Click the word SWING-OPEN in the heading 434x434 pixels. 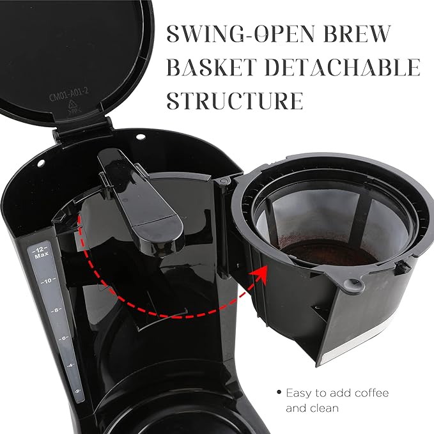(241, 33)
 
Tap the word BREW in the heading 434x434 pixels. (357, 33)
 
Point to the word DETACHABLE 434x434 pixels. (343, 67)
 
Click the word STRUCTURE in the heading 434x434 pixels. (235, 101)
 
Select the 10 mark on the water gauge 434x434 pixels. (48, 281)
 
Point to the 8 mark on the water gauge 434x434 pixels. (56, 310)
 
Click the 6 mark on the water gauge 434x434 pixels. (64, 338)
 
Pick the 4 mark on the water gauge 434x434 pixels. (71, 366)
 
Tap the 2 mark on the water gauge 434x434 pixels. (77, 391)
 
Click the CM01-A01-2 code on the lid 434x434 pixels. (69, 94)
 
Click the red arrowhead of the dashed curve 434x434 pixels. (258, 275)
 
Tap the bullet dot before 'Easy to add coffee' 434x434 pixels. (279, 392)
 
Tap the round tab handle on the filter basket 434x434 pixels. (352, 284)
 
